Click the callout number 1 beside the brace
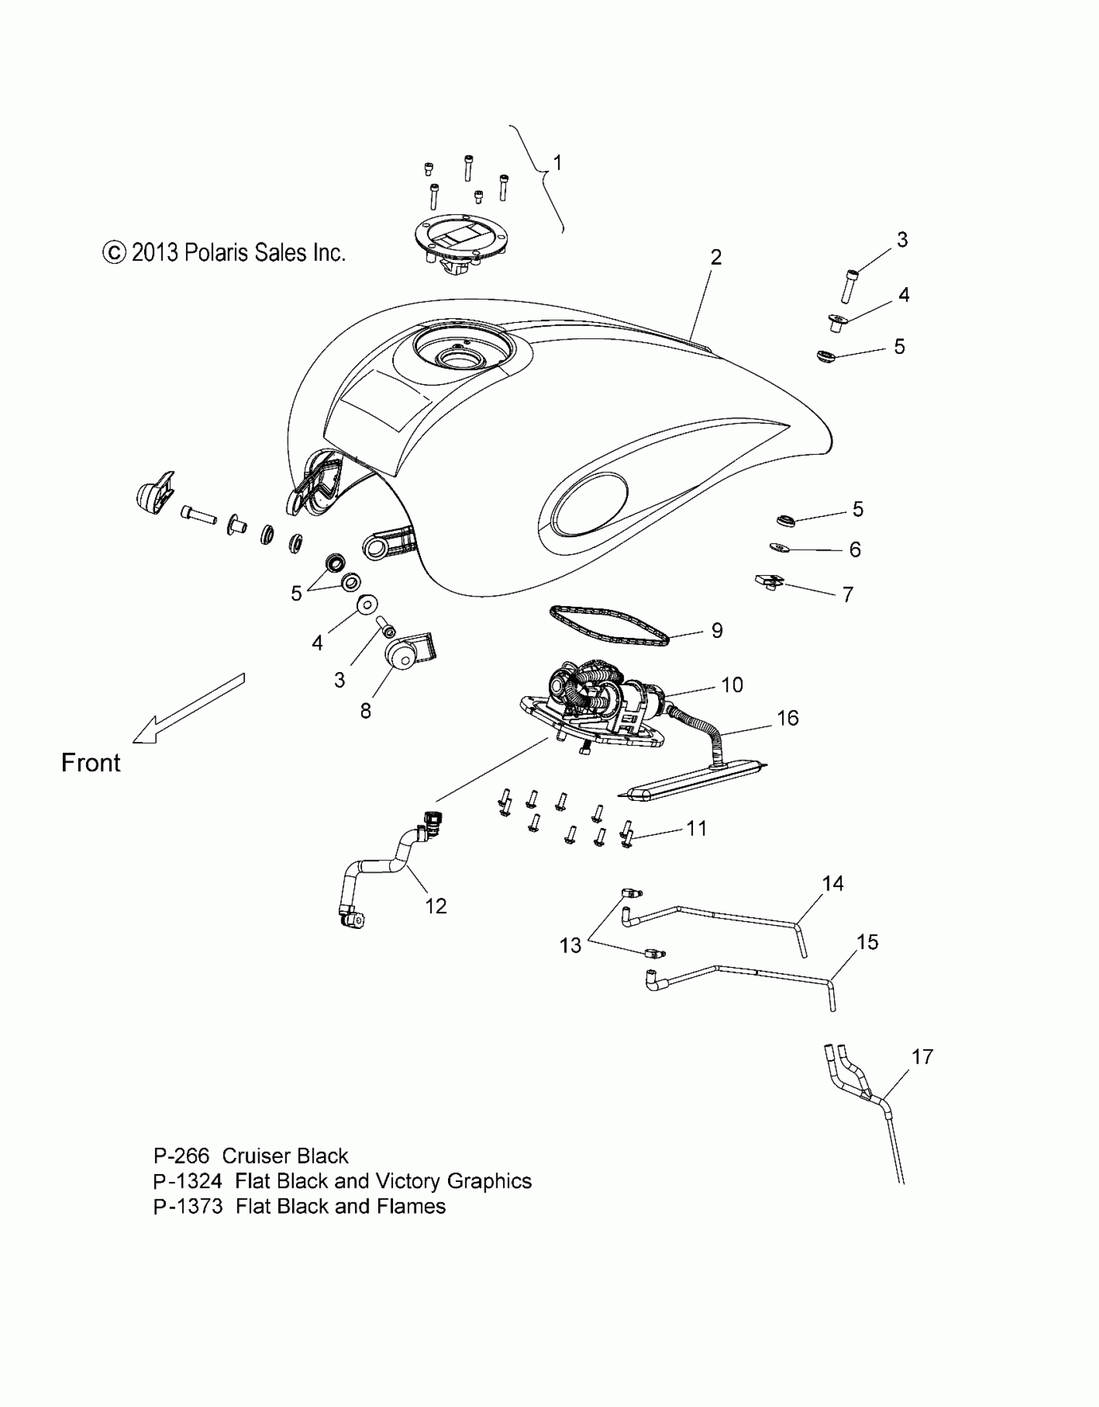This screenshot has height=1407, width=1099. pyautogui.click(x=557, y=162)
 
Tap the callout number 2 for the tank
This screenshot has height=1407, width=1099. pyautogui.click(x=715, y=257)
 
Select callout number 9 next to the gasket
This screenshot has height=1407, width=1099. pyautogui.click(x=716, y=631)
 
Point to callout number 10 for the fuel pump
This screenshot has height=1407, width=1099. pyautogui.click(x=732, y=685)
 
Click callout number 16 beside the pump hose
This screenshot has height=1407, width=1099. pyautogui.click(x=788, y=718)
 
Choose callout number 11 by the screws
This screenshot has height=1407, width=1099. pyautogui.click(x=696, y=829)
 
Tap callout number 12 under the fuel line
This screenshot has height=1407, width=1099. pyautogui.click(x=436, y=906)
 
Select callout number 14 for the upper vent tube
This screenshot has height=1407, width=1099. pyautogui.click(x=833, y=884)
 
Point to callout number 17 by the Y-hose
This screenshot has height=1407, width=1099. pyautogui.click(x=923, y=1057)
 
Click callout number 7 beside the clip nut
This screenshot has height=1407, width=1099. pyautogui.click(x=848, y=594)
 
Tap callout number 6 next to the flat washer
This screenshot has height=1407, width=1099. pyautogui.click(x=855, y=550)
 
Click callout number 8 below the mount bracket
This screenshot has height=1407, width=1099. pyautogui.click(x=365, y=711)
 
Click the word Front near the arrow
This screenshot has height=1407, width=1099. pyautogui.click(x=91, y=763)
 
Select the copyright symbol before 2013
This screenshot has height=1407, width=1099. pyautogui.click(x=114, y=253)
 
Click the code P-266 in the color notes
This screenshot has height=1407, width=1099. pyautogui.click(x=181, y=1156)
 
